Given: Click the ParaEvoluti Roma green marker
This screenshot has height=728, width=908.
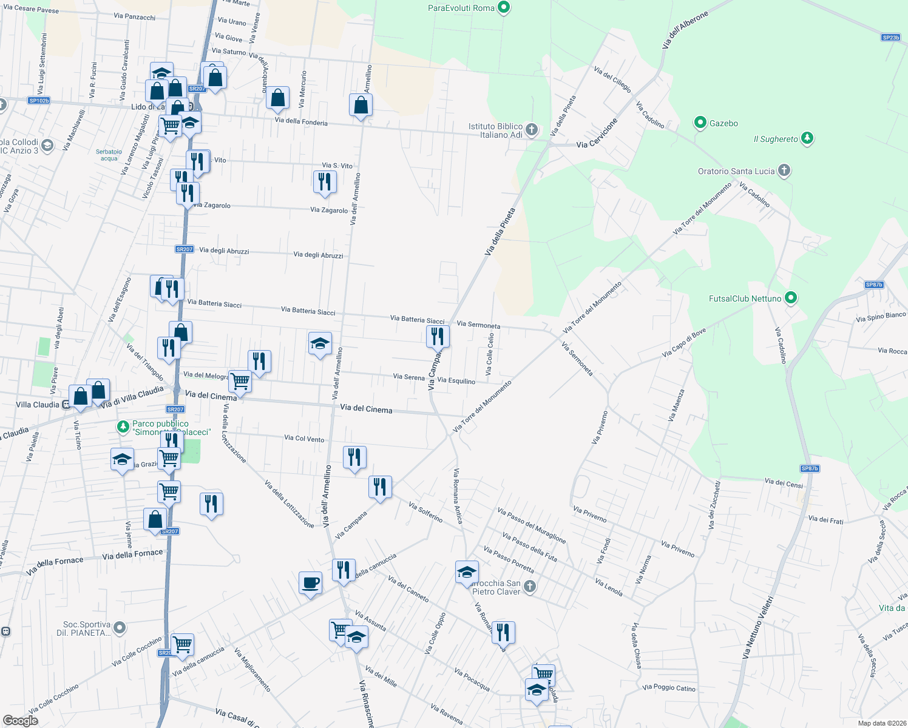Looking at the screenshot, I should coord(503,8).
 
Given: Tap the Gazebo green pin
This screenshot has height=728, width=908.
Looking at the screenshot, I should coord(700,123).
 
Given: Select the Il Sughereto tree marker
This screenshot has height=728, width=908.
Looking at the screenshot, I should coord(807,139).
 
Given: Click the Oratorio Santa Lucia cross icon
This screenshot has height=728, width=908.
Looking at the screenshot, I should coord(784,170).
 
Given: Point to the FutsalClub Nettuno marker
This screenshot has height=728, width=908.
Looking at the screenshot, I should coord(790,298).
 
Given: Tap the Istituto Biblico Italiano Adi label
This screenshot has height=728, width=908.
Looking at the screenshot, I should coord(495,130).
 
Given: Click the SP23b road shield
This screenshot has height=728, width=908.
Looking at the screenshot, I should coord(890,38).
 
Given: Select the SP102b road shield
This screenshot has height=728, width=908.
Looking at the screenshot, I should coord(39,101).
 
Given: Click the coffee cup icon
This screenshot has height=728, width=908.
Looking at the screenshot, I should coord(311,583).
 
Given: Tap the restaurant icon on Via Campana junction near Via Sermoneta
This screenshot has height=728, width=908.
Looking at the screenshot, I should coord(438,336).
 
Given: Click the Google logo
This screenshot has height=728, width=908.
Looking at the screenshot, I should coord(21,720).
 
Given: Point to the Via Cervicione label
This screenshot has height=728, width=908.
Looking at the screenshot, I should coord(597,133).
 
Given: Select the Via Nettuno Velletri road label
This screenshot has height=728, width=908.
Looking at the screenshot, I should coord(758,627).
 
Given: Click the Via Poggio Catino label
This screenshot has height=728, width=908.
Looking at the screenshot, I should coord(669,687).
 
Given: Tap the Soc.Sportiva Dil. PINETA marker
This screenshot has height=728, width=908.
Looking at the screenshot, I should coord(120,628).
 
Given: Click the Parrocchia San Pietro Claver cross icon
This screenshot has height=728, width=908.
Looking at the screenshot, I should coord(530,586).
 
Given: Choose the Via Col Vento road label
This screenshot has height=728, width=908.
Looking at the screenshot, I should coord(304,438).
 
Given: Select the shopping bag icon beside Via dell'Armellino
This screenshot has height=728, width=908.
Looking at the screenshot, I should coord(361,105).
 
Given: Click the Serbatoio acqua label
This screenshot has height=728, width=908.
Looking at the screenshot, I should coord(109,155).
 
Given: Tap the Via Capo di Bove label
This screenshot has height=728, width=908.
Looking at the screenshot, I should coord(684,343).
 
